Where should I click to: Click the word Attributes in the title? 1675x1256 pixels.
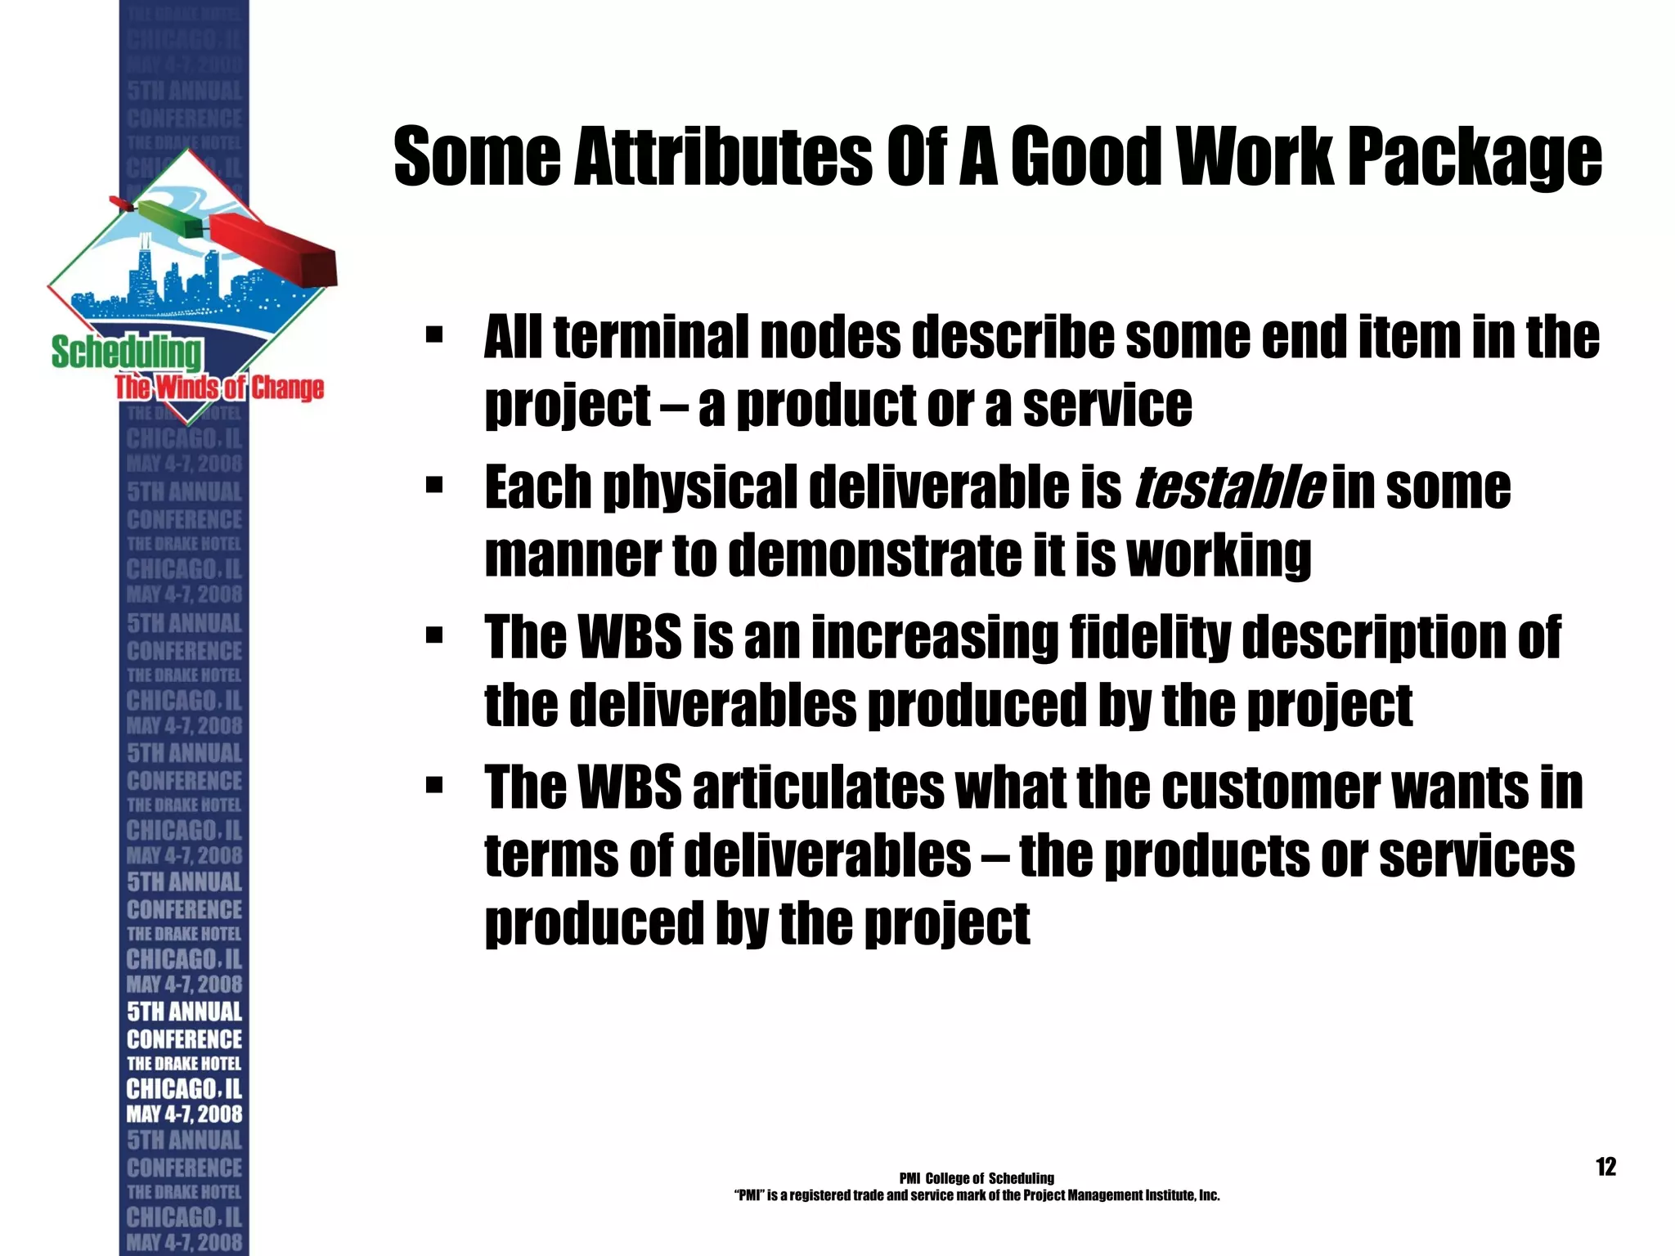click(722, 156)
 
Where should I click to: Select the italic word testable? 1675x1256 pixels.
click(1229, 487)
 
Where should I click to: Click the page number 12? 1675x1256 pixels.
click(1605, 1166)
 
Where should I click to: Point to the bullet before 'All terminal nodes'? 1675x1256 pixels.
click(434, 335)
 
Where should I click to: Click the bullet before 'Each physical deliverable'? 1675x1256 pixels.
click(434, 487)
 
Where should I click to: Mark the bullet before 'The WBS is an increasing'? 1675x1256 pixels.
click(434, 636)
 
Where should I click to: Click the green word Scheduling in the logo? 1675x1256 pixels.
click(126, 352)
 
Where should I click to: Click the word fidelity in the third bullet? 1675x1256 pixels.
click(1149, 637)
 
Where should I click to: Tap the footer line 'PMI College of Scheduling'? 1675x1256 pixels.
click(977, 1178)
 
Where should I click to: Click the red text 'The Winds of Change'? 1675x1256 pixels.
click(219, 388)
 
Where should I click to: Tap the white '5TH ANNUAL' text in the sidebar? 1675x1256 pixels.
click(185, 1012)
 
